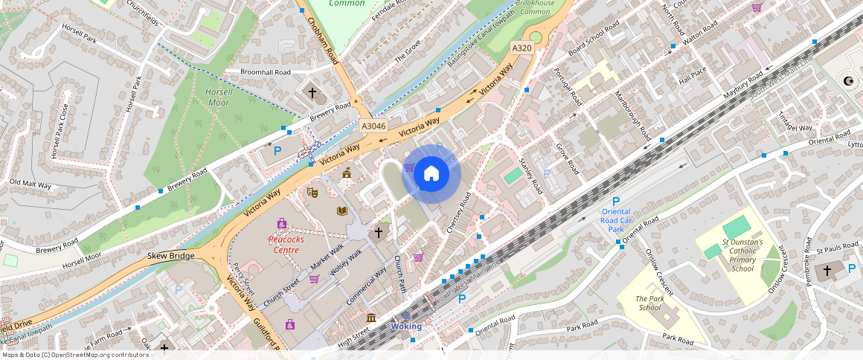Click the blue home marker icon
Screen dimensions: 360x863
pos(431,175)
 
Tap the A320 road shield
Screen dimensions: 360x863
pos(522,48)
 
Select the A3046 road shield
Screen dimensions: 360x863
pos(373,126)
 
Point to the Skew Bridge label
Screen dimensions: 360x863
pos(171,256)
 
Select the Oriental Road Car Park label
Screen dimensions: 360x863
pos(615,220)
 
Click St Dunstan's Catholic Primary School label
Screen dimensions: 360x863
pos(742,255)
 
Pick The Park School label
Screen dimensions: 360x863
pos(649,303)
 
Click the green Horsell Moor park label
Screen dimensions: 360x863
pos(219,97)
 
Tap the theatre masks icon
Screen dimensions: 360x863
pos(312,192)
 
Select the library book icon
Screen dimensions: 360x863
pos(341,211)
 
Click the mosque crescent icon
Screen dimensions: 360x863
pos(847,80)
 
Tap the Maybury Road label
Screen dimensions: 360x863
pos(743,86)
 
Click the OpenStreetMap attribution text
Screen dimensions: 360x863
pos(76,355)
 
